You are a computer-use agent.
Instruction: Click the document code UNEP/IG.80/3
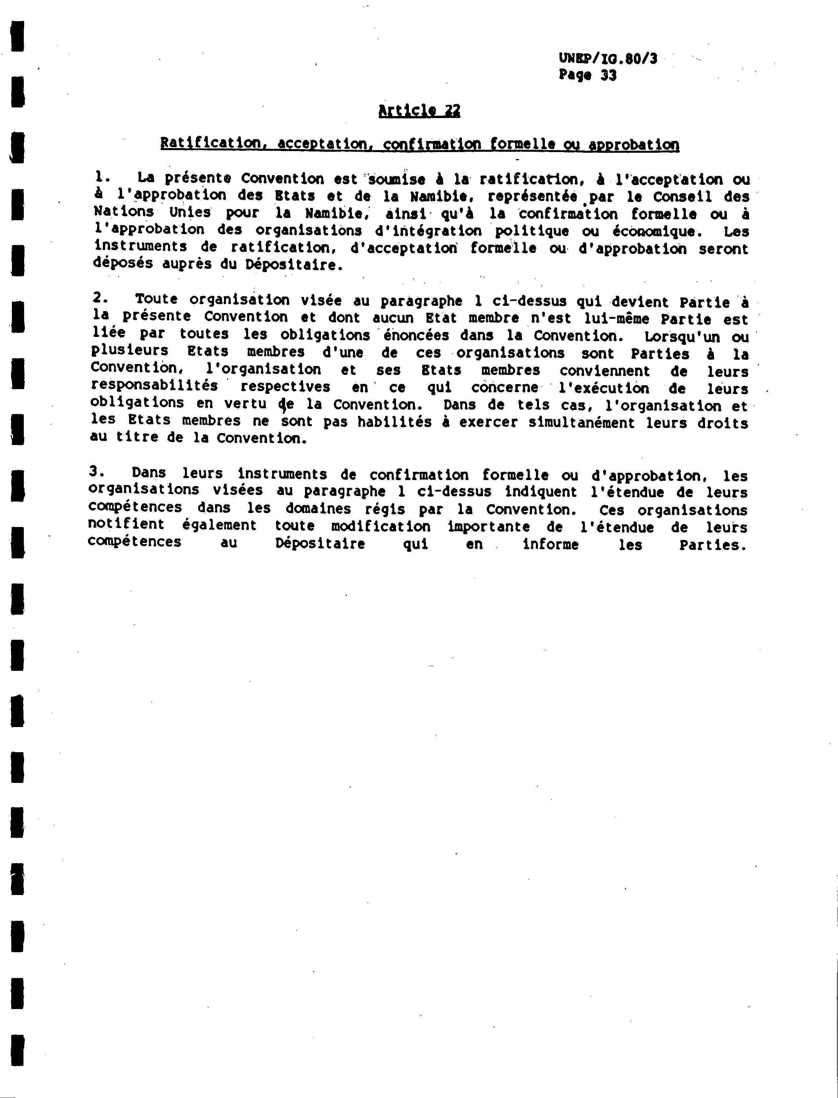tap(607, 59)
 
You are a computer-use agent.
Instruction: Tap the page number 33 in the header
tap(608, 75)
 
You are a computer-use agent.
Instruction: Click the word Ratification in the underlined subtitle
tap(209, 143)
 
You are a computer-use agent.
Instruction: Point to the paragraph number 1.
tap(101, 177)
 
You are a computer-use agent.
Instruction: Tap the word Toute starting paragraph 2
tap(156, 299)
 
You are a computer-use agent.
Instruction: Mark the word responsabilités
tap(154, 386)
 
